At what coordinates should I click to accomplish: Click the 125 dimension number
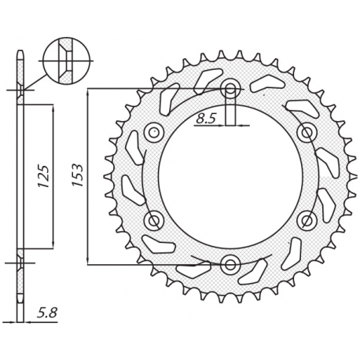point(44,174)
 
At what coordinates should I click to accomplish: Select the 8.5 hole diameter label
point(205,119)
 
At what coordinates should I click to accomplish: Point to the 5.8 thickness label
point(46,312)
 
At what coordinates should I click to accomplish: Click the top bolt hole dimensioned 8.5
point(230,88)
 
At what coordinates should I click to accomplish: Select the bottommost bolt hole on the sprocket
point(230,263)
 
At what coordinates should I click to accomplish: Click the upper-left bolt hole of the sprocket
point(154,131)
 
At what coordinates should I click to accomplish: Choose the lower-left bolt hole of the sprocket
point(154,219)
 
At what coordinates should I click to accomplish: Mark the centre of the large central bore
point(230,175)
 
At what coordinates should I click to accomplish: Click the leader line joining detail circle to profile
point(35,79)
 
